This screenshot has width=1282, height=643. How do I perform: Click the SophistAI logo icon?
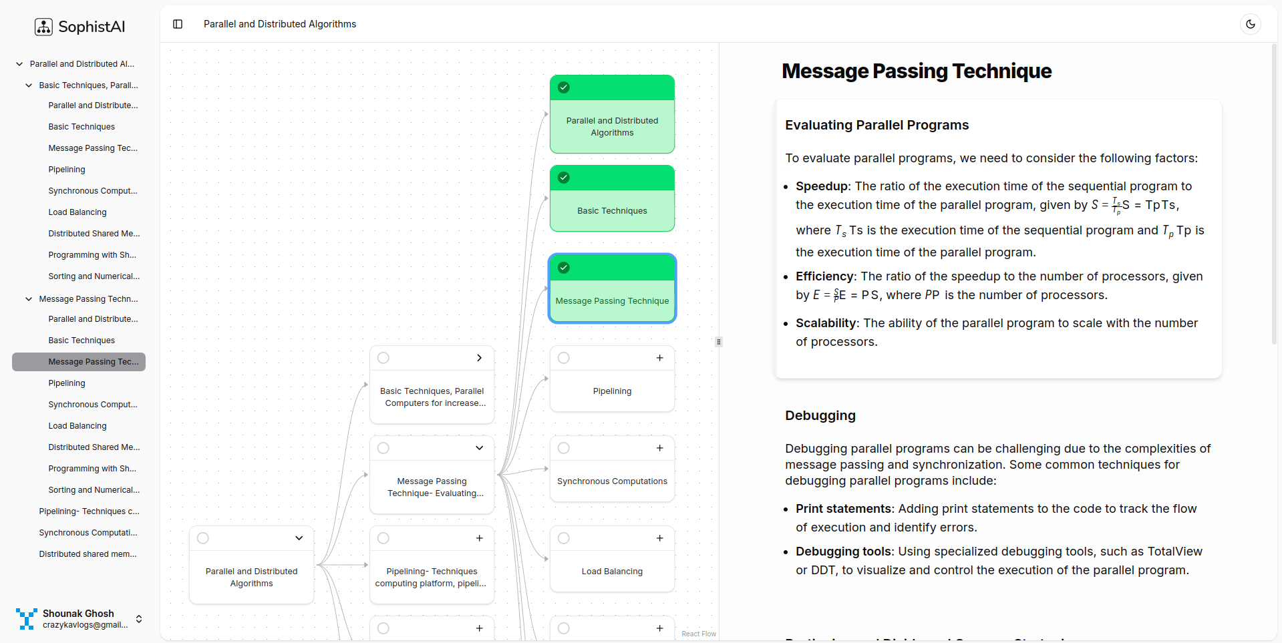tap(43, 27)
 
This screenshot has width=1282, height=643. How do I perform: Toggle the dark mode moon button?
tap(1251, 24)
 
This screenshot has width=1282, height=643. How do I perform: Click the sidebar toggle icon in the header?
tap(178, 24)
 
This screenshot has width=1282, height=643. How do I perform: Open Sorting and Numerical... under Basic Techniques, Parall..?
tap(94, 276)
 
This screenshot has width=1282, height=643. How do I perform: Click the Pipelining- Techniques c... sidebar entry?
tap(89, 511)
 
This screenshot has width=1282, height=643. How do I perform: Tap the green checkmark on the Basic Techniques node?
tap(564, 178)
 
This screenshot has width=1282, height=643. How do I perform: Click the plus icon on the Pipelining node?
tap(659, 358)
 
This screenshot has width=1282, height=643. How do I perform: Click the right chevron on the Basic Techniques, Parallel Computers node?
tap(479, 358)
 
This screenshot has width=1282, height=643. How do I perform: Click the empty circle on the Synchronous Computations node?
tap(564, 448)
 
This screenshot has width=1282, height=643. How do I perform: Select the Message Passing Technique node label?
tap(612, 301)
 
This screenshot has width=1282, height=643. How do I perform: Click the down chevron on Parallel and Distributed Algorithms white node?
tap(299, 538)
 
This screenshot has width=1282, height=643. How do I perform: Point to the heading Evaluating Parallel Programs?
tap(876, 126)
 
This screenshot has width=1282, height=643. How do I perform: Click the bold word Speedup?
tap(821, 186)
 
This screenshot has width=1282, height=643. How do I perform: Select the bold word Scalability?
tap(826, 323)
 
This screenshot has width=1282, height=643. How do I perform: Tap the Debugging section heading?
tap(820, 415)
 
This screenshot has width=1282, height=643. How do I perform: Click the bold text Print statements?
tap(843, 509)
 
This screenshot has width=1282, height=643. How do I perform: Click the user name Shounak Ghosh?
tap(78, 614)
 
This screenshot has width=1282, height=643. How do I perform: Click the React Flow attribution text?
tap(698, 634)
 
